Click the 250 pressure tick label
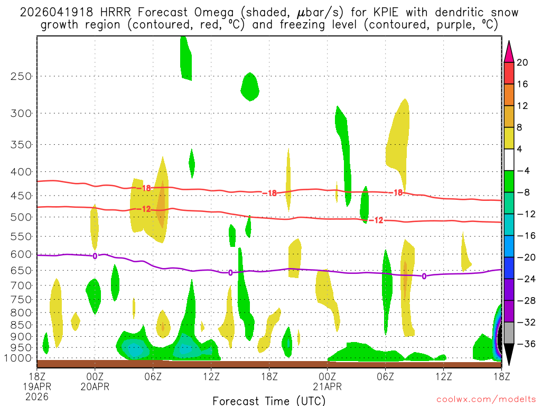point(21,76)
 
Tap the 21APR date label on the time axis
point(328,386)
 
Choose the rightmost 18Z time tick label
point(501,376)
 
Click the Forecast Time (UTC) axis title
point(269,400)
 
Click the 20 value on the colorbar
point(523,62)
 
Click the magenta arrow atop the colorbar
point(509,51)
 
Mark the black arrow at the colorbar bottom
point(509,354)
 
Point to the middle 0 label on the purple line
point(230,273)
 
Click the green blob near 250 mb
point(250,86)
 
